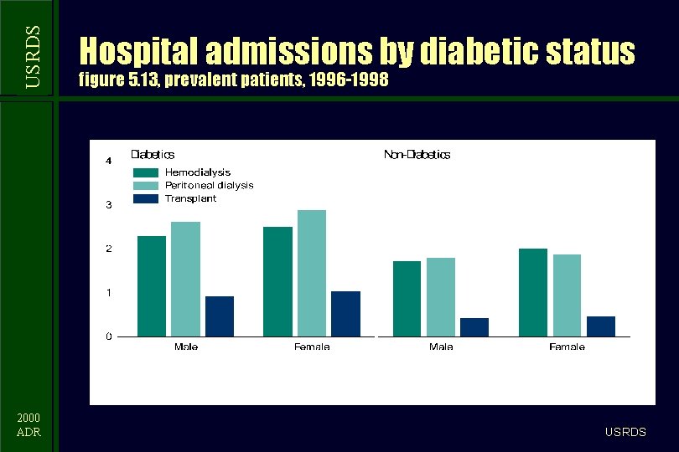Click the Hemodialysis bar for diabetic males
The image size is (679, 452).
point(152,286)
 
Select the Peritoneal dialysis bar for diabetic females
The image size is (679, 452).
point(311,273)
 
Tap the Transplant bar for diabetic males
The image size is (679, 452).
point(220,316)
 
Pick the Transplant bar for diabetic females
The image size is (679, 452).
point(345,314)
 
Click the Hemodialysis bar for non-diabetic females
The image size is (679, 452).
point(532,293)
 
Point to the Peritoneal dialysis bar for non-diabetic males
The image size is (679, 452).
point(440,297)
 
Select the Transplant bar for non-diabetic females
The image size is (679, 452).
point(600,326)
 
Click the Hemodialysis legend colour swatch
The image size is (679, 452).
point(145,172)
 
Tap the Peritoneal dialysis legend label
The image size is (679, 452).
point(209,185)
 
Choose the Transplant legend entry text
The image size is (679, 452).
point(190,198)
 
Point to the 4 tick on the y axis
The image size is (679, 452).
point(108,161)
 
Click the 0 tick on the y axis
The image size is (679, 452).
point(108,336)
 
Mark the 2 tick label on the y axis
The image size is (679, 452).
point(108,249)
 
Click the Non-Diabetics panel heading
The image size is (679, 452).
point(417,154)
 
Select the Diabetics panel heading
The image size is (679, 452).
point(153,154)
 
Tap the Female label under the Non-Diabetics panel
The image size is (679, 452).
point(567,347)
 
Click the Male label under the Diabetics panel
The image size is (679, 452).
point(186,347)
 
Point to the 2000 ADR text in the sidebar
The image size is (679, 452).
point(29,424)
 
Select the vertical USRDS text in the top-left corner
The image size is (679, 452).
point(32,55)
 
